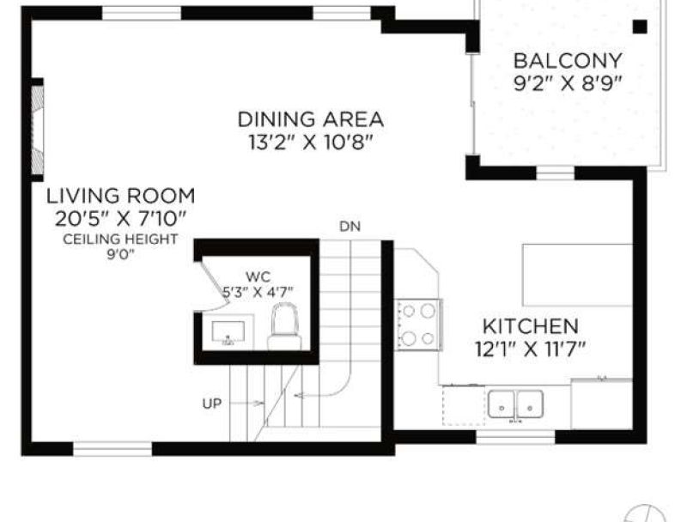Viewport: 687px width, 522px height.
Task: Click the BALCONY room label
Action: click(x=568, y=60)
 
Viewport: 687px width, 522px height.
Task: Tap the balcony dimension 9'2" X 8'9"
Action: click(x=568, y=82)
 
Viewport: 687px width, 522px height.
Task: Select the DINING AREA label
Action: click(x=311, y=119)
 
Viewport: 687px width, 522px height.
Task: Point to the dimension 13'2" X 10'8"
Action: click(x=311, y=142)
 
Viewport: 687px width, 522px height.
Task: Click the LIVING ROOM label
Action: click(x=121, y=196)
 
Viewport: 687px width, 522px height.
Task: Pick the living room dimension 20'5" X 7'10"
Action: click(x=121, y=218)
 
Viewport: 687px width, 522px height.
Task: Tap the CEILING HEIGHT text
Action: click(x=120, y=239)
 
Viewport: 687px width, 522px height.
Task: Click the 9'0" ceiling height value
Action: click(x=120, y=254)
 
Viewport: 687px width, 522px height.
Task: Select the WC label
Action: click(x=258, y=276)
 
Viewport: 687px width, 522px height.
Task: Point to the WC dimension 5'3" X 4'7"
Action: click(x=258, y=292)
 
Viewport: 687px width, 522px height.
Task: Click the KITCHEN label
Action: click(x=531, y=327)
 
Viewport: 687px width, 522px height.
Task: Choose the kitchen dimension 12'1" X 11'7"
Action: click(x=531, y=349)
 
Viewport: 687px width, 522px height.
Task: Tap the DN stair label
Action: click(x=350, y=227)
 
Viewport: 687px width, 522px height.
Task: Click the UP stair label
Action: click(x=212, y=404)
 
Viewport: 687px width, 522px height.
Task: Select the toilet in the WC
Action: click(x=285, y=326)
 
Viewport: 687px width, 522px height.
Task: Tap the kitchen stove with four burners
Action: click(x=418, y=325)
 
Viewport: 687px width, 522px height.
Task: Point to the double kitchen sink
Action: click(x=516, y=404)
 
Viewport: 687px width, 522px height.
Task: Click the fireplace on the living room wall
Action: click(x=37, y=130)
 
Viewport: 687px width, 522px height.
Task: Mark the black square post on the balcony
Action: click(x=640, y=27)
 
